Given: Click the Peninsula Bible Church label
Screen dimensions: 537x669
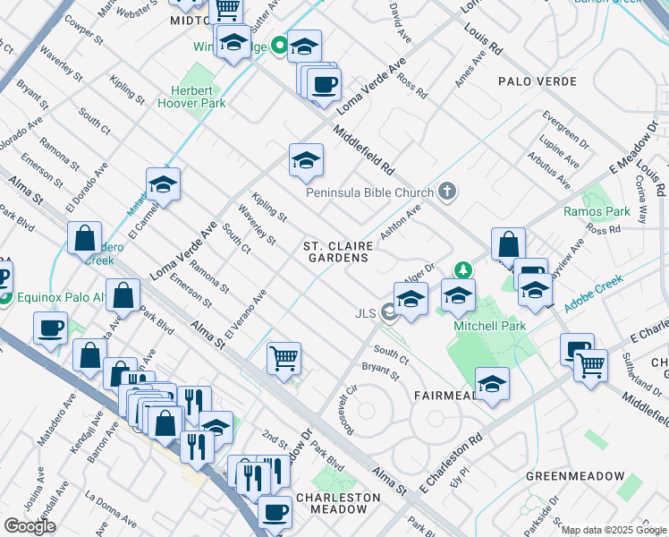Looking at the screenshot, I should [369, 192].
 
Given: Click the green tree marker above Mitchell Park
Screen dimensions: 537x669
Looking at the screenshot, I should [462, 268].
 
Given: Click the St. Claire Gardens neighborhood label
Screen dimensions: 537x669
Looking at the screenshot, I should [335, 251].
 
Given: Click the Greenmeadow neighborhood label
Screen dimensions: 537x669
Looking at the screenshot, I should [572, 475].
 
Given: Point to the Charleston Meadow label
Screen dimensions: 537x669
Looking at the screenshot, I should [332, 503].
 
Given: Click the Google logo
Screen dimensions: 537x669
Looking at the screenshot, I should [29, 526].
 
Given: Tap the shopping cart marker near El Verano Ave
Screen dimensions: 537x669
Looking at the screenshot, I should [284, 358].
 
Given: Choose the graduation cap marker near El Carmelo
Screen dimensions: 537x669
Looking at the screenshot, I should [164, 185].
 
